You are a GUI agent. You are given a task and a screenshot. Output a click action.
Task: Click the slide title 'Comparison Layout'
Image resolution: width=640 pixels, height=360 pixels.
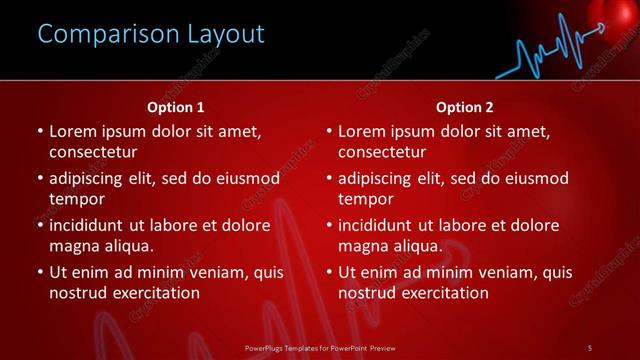[151, 34]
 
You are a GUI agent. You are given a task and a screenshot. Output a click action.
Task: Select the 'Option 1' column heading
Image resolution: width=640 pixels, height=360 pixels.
[175, 107]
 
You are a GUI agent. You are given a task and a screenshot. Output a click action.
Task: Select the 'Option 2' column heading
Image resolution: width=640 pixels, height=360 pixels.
[465, 107]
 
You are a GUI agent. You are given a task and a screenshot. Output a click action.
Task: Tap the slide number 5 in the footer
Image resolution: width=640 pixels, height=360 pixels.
[590, 347]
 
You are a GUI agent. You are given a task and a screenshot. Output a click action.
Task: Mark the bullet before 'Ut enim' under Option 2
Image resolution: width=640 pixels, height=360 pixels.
[329, 272]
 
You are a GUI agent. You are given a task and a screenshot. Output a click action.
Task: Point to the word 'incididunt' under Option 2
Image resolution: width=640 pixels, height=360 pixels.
[377, 225]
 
